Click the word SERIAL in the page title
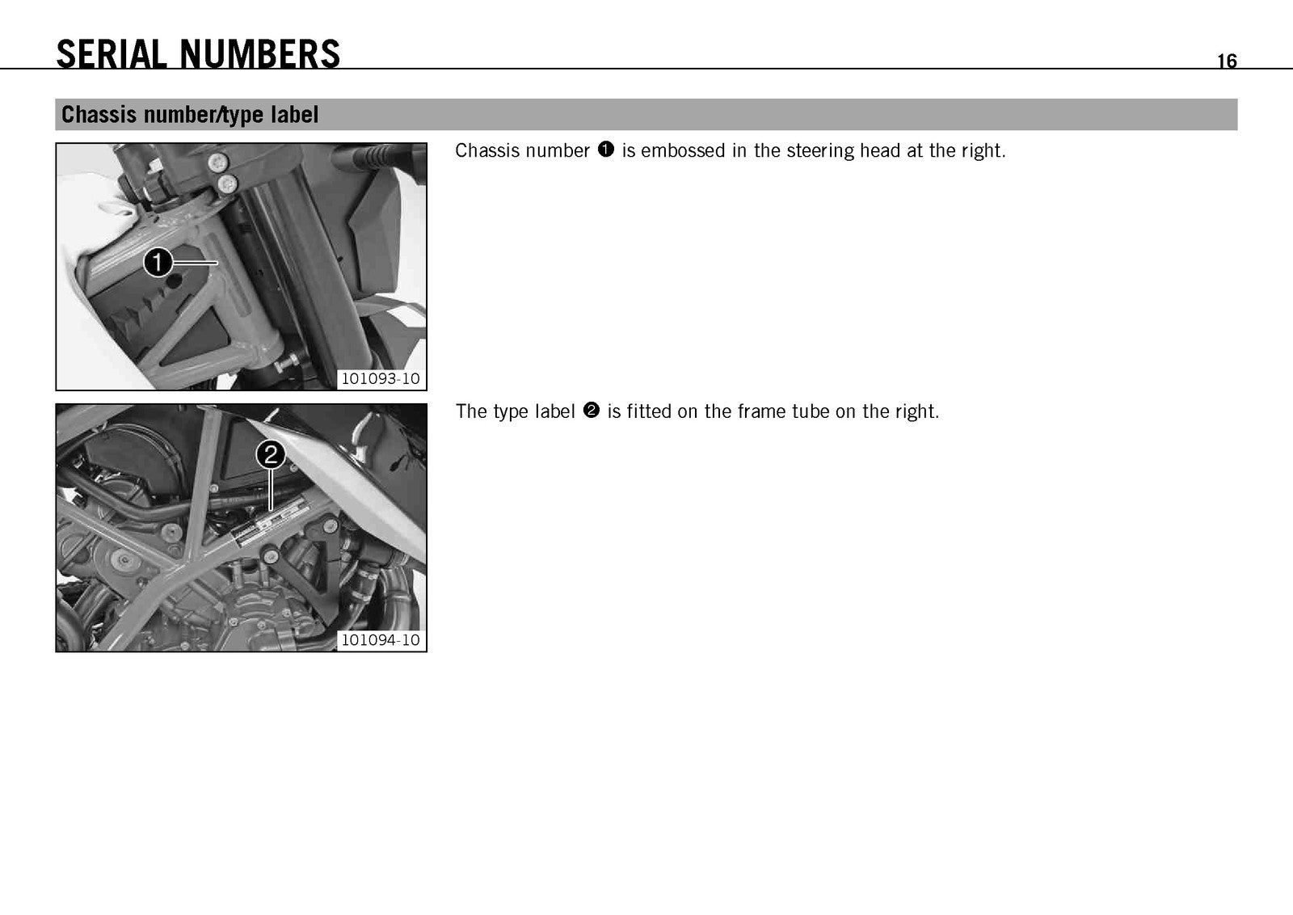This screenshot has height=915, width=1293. pos(112,54)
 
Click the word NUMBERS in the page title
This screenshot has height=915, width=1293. pos(259,54)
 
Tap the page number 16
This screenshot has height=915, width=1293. pos(1228,61)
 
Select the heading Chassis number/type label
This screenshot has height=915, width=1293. pos(190,114)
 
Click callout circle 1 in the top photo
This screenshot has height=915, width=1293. pos(158,263)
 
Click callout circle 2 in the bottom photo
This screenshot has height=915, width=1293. pos(271,455)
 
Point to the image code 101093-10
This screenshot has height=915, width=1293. pos(381,379)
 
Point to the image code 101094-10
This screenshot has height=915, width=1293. pos(381,639)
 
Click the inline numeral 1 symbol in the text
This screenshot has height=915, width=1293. pos(606,150)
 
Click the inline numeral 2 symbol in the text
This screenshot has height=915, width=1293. pos(592,411)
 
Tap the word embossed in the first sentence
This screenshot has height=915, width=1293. pos(683,150)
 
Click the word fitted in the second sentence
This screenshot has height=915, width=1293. pos(649,411)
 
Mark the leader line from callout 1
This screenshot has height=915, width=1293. pos(195,263)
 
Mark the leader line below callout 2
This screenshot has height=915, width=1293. pos(271,490)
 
